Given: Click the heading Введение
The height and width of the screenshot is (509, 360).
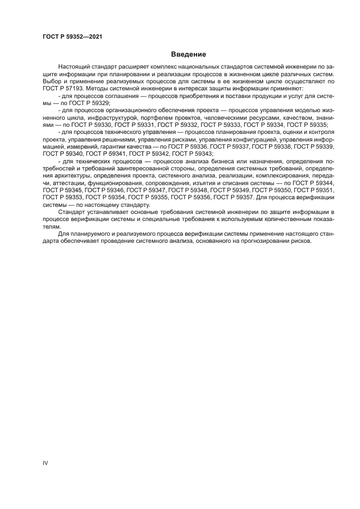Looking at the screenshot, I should point(188,54).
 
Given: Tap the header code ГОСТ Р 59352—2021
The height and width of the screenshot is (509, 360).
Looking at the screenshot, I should point(72,36).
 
